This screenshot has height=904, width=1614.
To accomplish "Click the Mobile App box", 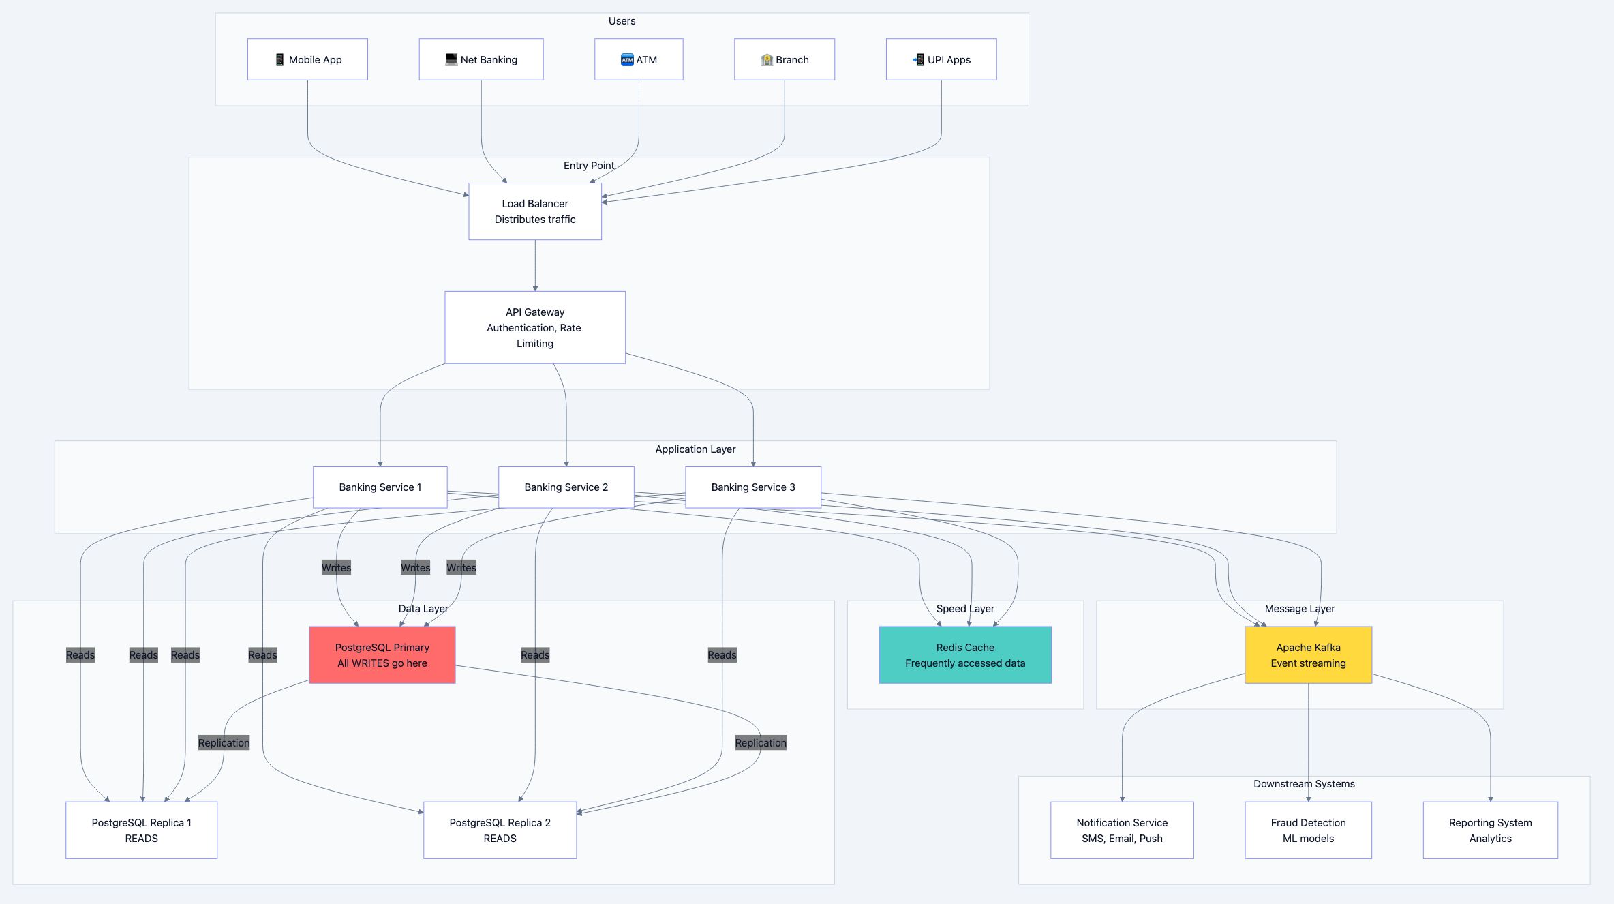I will [307, 59].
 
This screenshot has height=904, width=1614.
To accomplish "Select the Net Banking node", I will [481, 59].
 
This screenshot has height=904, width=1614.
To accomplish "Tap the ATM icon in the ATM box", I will [627, 60].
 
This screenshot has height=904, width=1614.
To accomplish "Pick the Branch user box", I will [784, 59].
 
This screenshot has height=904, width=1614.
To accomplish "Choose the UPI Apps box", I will [941, 59].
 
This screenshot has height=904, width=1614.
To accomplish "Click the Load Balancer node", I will [535, 211].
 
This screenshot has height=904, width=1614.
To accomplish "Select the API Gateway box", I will [535, 327].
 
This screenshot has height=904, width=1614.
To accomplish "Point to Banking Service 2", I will [566, 487].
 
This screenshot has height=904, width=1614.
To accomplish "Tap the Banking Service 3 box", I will [752, 487].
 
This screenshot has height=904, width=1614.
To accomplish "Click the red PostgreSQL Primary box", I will [382, 654].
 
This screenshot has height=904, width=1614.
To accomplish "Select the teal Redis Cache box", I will [964, 654].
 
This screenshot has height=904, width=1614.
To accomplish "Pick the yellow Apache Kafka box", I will [1307, 654].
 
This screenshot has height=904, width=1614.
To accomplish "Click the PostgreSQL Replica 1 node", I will [141, 830].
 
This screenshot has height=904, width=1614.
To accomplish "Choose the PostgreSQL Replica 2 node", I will [500, 830].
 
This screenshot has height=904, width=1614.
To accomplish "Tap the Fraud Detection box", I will [1307, 830].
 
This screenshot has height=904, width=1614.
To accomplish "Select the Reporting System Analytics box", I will [1490, 830].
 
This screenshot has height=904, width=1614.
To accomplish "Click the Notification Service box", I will [1121, 830].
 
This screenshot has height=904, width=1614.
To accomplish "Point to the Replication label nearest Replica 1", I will [224, 742].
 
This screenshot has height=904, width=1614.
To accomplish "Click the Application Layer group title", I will [695, 449].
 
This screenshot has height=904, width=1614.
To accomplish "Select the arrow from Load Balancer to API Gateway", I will [535, 266].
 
